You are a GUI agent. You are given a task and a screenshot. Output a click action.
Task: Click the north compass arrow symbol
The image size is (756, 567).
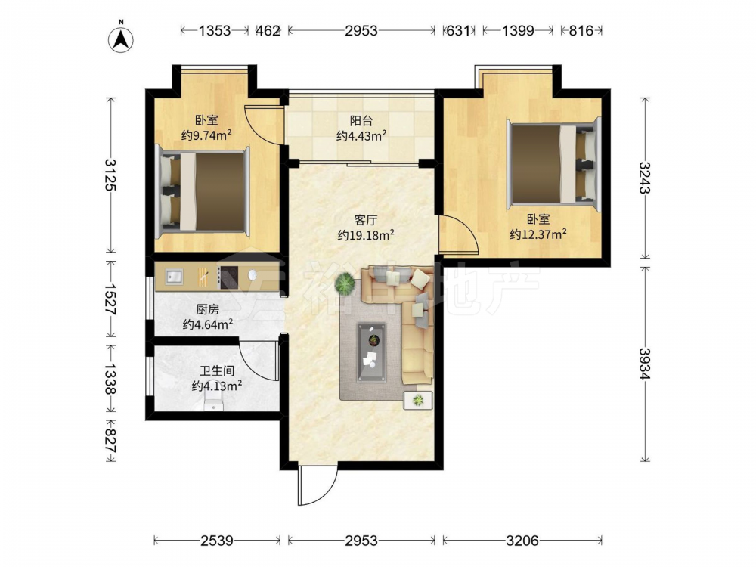coord(121,39)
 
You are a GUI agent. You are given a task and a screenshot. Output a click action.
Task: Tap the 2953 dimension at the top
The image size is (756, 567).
coord(361,31)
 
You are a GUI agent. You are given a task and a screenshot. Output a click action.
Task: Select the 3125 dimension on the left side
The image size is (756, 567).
coord(111,175)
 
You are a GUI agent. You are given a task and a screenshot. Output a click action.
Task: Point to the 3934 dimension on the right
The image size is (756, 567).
coord(645,363)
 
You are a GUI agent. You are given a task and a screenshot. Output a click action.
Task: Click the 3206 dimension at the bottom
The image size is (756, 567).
coord(522,541)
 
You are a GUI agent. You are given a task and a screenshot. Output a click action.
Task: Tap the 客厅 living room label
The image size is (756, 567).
coord(365,220)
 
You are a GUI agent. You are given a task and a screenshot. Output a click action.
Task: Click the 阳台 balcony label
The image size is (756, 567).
coord(361,120)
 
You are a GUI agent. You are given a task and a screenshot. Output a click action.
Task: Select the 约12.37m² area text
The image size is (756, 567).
coord(538,234)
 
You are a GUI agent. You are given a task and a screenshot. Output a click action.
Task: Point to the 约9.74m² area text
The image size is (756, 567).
coord(206,135)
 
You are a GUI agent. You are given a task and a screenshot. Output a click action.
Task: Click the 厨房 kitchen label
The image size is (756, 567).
coord(207,309)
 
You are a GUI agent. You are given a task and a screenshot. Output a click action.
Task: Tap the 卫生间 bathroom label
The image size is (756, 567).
coord(217,370)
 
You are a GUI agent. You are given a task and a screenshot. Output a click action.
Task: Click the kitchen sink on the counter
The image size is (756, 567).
coord(174,276)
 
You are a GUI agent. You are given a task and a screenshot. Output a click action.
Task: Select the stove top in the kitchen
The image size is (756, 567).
coord(229,277)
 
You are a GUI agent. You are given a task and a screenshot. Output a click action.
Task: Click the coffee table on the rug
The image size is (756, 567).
coord(371,352)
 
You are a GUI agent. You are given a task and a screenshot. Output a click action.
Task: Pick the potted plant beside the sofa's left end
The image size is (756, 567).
coord(345,283)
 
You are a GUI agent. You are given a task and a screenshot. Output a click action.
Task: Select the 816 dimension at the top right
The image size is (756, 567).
coord(581,31)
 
